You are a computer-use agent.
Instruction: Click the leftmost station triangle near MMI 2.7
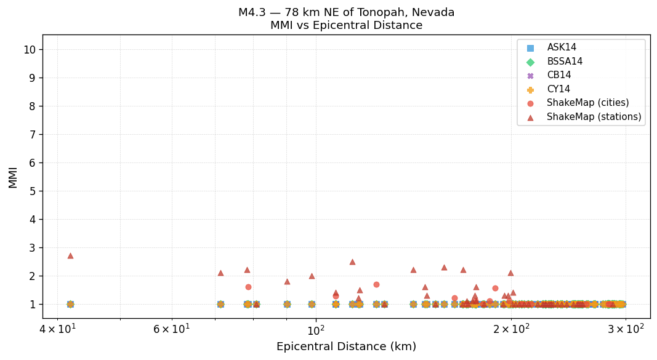pyautogui.click(x=70, y=255)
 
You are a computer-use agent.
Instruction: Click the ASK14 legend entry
pyautogui.click(x=562, y=47)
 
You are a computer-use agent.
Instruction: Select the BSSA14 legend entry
pyautogui.click(x=565, y=62)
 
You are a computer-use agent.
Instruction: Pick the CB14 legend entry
pyautogui.click(x=558, y=75)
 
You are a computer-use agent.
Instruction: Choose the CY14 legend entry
pyautogui.click(x=558, y=89)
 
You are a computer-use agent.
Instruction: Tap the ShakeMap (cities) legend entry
pyautogui.click(x=587, y=103)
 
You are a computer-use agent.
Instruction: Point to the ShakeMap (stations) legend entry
pyautogui.click(x=594, y=117)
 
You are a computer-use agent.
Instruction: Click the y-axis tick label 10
pyautogui.click(x=29, y=49)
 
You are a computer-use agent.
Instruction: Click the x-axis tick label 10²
pyautogui.click(x=315, y=330)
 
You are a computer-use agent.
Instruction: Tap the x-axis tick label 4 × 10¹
pyautogui.click(x=58, y=330)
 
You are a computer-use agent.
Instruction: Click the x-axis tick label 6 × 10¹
pyautogui.click(x=172, y=330)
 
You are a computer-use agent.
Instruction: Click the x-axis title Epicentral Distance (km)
pyautogui.click(x=346, y=347)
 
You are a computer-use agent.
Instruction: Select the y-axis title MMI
pyautogui.click(x=13, y=177)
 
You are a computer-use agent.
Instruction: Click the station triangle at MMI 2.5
pyautogui.click(x=352, y=262)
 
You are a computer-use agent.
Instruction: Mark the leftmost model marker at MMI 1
pyautogui.click(x=70, y=304)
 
